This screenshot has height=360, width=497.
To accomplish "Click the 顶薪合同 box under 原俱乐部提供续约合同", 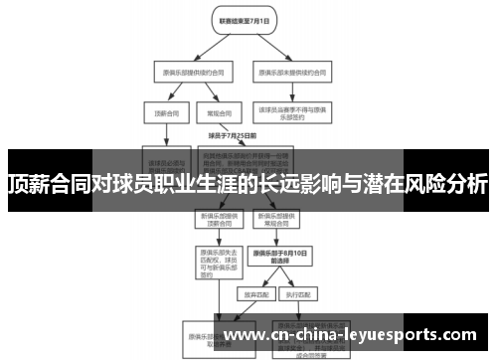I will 161,114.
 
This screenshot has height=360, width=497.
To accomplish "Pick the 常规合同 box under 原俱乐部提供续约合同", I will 211,114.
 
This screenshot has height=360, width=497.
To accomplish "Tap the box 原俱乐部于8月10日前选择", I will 279,258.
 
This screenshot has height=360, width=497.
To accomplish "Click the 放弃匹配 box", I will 253,294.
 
